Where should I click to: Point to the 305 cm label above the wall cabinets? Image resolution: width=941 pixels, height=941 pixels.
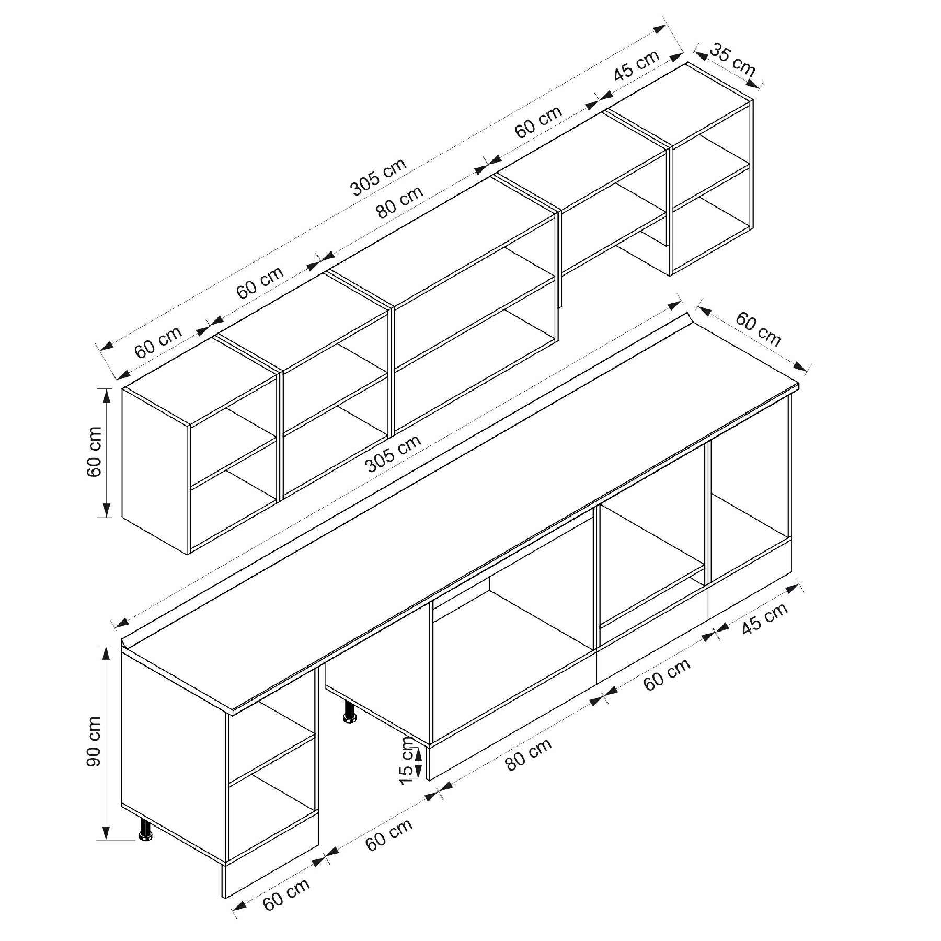[x=378, y=176]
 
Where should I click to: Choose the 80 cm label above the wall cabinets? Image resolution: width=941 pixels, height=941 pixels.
[x=400, y=202]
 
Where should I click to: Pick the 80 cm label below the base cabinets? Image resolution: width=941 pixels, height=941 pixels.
[x=529, y=754]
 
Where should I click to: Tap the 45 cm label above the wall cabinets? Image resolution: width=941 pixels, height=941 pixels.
[x=637, y=64]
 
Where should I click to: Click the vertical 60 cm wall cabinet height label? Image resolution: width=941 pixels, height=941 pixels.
[x=94, y=452]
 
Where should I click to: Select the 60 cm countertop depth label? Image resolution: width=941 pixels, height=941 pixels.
[x=759, y=329]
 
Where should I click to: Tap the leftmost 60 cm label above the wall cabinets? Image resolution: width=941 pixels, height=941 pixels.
[x=158, y=342]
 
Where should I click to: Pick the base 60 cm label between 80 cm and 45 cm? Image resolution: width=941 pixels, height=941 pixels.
[x=667, y=674]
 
